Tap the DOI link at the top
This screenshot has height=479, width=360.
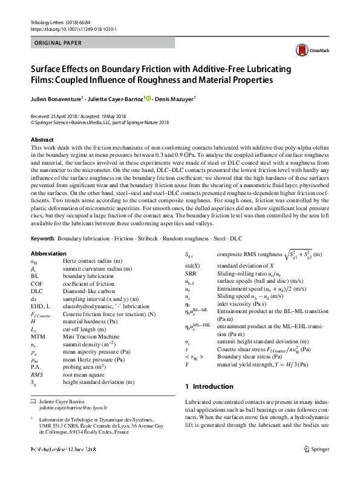[73, 28]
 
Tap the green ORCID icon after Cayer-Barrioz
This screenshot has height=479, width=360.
[148, 98]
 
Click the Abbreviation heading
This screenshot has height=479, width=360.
[48, 253]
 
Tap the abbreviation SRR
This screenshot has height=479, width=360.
[192, 274]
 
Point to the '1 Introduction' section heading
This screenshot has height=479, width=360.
[209, 386]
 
